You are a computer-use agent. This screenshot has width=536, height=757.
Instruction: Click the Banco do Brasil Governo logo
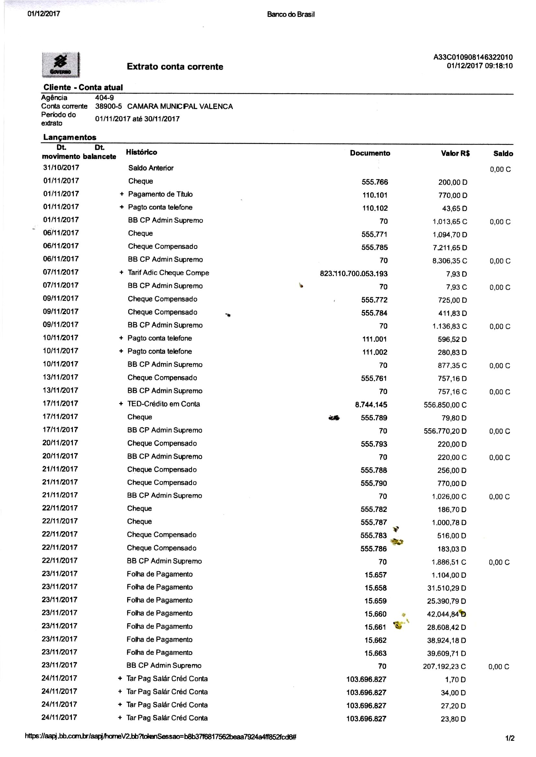(x=61, y=65)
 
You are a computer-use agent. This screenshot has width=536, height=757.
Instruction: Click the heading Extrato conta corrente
(x=175, y=67)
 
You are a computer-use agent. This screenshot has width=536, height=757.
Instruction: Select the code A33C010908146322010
(x=473, y=57)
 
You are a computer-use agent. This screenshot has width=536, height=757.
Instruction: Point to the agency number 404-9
(x=104, y=97)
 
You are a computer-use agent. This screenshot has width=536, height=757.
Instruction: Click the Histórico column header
(x=141, y=152)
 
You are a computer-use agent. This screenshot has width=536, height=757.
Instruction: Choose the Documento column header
(x=370, y=153)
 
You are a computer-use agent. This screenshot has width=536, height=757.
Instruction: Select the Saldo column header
(x=503, y=153)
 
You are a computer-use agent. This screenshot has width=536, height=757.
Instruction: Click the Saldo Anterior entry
(x=151, y=168)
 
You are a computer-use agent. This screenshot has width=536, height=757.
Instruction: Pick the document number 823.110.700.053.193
(x=353, y=273)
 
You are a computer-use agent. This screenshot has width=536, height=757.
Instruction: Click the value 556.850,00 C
(x=445, y=405)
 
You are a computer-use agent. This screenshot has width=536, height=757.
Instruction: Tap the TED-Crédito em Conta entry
(x=163, y=404)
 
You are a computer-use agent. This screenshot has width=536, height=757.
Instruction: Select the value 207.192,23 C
(x=444, y=667)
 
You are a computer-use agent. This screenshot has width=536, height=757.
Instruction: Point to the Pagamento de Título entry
(x=160, y=194)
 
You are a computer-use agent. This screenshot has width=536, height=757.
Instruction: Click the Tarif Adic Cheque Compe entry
(x=168, y=273)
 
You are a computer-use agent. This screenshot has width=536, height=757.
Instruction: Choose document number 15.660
(x=375, y=614)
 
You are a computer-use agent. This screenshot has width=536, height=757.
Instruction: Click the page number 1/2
(x=509, y=738)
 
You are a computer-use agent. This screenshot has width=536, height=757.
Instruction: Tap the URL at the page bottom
(x=161, y=737)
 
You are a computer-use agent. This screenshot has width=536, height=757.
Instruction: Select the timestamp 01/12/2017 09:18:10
(x=480, y=66)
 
